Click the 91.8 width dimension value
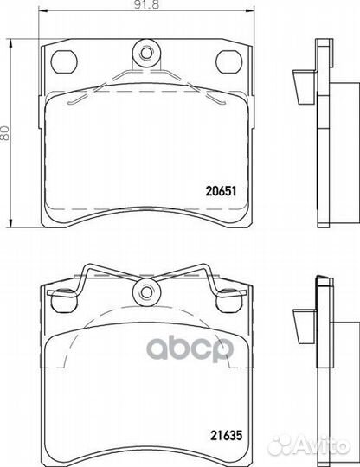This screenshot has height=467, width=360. [147, 5]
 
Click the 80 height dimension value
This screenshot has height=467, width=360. [5, 134]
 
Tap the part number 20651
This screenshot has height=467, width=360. [222, 191]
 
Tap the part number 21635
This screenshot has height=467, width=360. [227, 435]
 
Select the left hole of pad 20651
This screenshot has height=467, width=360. [64, 62]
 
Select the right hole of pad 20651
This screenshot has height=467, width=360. [228, 62]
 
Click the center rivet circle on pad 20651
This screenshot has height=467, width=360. [146, 54]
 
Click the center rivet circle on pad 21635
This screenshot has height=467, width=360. [146, 291]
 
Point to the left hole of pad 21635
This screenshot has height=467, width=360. [63, 300]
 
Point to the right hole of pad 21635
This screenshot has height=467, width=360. [229, 300]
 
